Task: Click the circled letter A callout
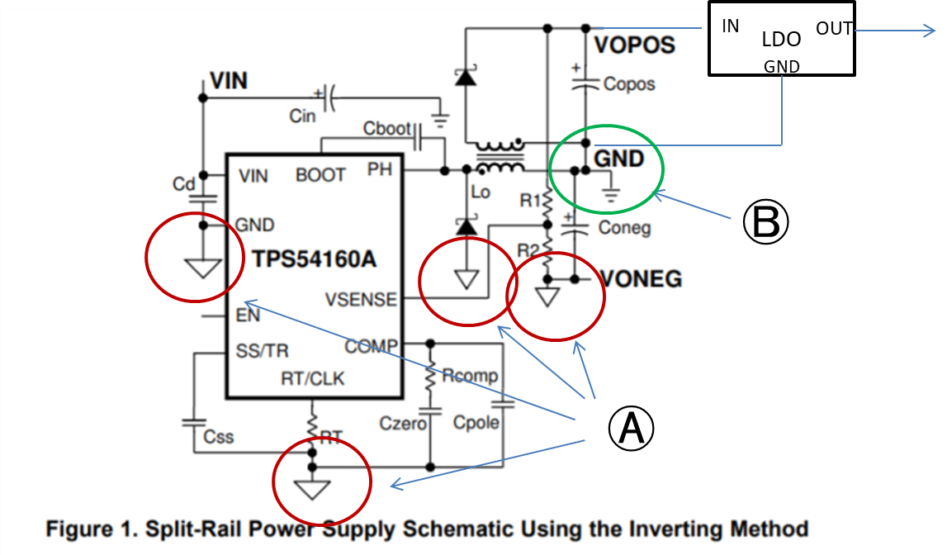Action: pyautogui.click(x=631, y=428)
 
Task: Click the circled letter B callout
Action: pyautogui.click(x=766, y=221)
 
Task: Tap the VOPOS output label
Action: pyautogui.click(x=634, y=45)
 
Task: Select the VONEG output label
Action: pyautogui.click(x=641, y=279)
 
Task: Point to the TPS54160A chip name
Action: pyautogui.click(x=314, y=259)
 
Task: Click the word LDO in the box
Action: pyautogui.click(x=781, y=40)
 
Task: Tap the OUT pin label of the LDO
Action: pyautogui.click(x=834, y=28)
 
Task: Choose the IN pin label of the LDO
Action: pyautogui.click(x=730, y=26)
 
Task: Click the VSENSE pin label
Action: pyautogui.click(x=361, y=300)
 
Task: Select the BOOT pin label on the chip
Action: pyautogui.click(x=320, y=175)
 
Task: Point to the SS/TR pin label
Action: pyautogui.click(x=262, y=351)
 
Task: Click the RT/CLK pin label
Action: pyautogui.click(x=312, y=378)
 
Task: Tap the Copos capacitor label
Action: pyautogui.click(x=628, y=84)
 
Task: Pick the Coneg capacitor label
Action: pyautogui.click(x=624, y=228)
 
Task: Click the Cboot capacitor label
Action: pyautogui.click(x=386, y=129)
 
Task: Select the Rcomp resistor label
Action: pyautogui.click(x=470, y=376)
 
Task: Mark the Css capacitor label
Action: pyautogui.click(x=219, y=437)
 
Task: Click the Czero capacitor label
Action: pyautogui.click(x=403, y=424)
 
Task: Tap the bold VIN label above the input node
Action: pyautogui.click(x=229, y=81)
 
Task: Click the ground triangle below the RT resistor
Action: pyautogui.click(x=312, y=489)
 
